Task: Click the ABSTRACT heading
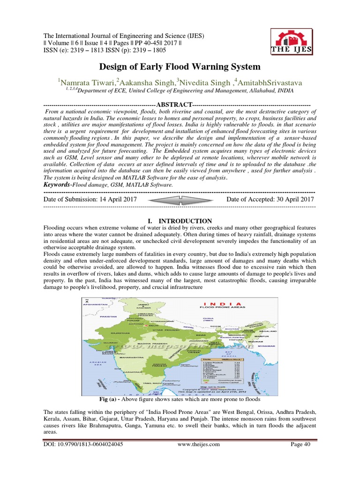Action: pyautogui.click(x=174, y=104)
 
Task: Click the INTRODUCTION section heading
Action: pyautogui.click(x=180, y=221)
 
